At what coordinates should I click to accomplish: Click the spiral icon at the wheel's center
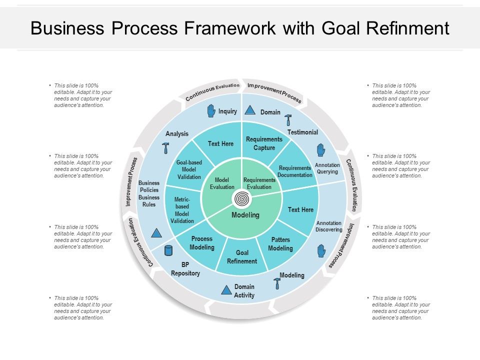(242, 199)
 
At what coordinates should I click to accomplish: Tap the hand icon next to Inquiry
(211, 111)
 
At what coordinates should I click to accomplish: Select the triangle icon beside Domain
(251, 111)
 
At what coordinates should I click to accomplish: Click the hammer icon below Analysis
(165, 147)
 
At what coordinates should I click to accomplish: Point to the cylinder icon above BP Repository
(168, 250)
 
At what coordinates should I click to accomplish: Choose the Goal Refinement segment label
(242, 257)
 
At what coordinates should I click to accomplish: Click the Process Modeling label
(202, 243)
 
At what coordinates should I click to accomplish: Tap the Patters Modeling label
(280, 244)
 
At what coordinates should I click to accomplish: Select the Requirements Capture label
(264, 143)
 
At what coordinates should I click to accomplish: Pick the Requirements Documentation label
(295, 171)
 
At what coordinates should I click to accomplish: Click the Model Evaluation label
(222, 183)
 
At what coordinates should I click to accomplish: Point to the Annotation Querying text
(327, 168)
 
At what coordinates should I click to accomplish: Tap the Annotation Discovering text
(329, 226)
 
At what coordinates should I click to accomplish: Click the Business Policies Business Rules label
(149, 193)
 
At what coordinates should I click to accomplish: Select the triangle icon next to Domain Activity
(226, 289)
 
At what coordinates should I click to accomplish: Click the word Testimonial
(302, 132)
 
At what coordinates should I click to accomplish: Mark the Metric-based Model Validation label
(182, 210)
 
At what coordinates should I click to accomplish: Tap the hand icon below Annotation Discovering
(321, 251)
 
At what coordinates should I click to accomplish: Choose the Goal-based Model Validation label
(189, 170)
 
